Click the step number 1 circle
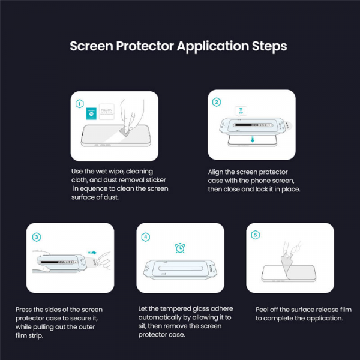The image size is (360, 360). pos(79,103)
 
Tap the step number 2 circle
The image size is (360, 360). pos(217,102)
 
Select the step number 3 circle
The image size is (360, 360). pos(37,236)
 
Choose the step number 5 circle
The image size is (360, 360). pos(256,235)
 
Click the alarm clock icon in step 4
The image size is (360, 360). pos(179,248)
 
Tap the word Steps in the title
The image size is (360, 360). pos(268,46)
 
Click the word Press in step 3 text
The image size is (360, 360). pos(25,310)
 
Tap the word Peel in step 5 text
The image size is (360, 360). pos(263,310)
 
